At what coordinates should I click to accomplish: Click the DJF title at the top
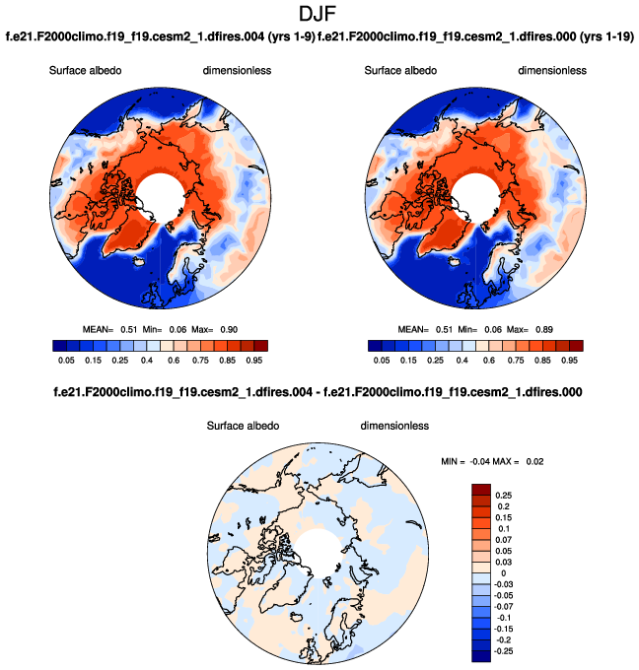[319, 13]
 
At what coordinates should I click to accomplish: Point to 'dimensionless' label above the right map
[552, 72]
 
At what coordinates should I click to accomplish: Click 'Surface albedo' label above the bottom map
[243, 427]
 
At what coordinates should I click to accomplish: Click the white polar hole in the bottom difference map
[319, 547]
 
